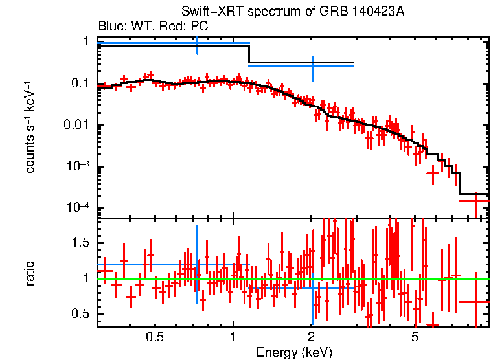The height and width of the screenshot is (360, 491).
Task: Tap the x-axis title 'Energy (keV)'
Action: pyautogui.click(x=294, y=352)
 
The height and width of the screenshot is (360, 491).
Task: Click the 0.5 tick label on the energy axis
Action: pyautogui.click(x=154, y=337)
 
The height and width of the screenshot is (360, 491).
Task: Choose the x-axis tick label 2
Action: pyautogui.click(x=312, y=337)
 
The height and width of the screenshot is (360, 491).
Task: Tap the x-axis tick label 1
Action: pyautogui.click(x=233, y=337)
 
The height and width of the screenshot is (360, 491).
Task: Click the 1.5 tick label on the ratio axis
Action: pyautogui.click(x=82, y=243)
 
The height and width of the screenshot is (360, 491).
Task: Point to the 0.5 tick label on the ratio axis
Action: pyautogui.click(x=82, y=314)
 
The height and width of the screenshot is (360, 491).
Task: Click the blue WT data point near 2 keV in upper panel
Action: pyautogui.click(x=312, y=65)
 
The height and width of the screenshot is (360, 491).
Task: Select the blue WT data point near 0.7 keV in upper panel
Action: pyautogui.click(x=197, y=43)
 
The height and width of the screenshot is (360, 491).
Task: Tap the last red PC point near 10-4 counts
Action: pyautogui.click(x=475, y=201)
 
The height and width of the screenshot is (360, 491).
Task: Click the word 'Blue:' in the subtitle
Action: pyautogui.click(x=111, y=27)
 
